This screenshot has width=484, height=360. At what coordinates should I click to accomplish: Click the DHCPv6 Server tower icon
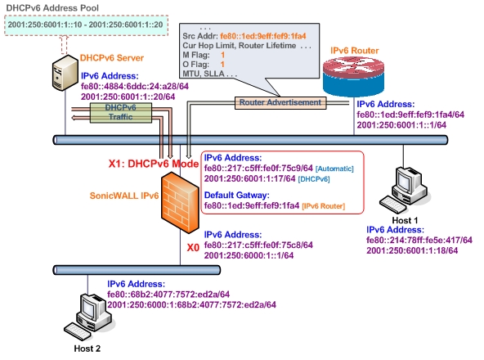pos(65,73)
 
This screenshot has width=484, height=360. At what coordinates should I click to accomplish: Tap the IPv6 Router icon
pos(353,77)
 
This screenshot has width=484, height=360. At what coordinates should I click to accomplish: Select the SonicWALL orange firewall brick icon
pos(180,202)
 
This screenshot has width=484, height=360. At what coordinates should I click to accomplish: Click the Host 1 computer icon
pos(405,190)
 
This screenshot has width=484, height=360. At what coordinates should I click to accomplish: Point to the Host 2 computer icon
pos(89,317)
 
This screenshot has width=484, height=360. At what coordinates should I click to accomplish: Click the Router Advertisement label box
pos(280,102)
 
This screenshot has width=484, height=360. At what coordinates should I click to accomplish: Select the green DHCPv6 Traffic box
pos(121,112)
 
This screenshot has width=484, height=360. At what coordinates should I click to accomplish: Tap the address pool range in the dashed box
pos(86,25)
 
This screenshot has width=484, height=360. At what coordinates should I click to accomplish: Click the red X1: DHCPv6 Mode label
pos(154,164)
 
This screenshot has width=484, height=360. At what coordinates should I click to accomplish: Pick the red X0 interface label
pos(193,248)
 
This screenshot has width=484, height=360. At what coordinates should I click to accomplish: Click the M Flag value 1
pos(222,55)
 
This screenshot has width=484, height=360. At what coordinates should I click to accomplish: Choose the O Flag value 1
pos(222,65)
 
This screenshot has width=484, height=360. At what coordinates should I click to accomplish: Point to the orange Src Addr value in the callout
pos(263,36)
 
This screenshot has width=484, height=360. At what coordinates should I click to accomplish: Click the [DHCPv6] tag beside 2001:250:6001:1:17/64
pos(314,179)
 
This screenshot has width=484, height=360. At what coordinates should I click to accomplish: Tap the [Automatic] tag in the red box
pos(334,169)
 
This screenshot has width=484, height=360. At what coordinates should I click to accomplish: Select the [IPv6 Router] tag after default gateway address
pos(324,206)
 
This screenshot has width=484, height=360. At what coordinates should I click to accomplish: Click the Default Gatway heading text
pos(237,196)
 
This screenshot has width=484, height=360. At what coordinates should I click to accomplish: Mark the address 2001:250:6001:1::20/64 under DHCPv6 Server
pos(128,97)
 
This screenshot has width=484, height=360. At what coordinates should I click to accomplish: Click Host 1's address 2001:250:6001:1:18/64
pos(412,250)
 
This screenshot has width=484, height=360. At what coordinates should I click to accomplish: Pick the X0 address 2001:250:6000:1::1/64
pos(249,255)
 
